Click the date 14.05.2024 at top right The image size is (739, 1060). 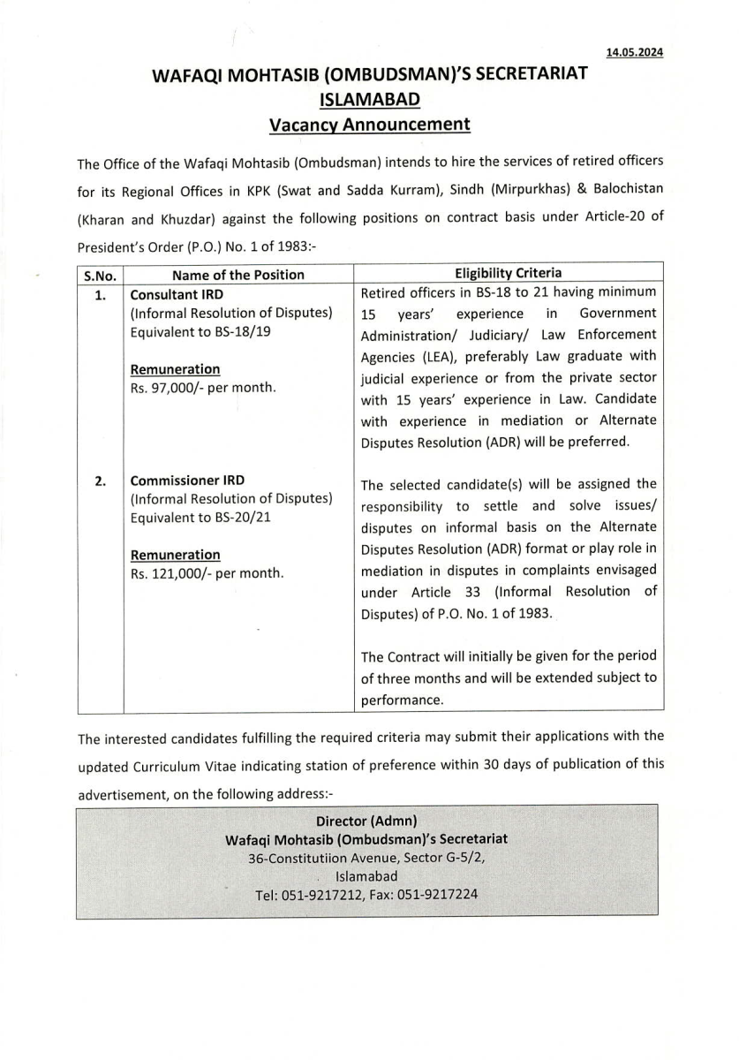click(x=635, y=53)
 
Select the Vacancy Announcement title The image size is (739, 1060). click(x=369, y=125)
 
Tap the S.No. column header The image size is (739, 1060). click(x=100, y=275)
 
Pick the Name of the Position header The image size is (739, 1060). click(x=238, y=275)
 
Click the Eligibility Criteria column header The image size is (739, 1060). click(x=508, y=274)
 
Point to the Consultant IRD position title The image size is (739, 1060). click(x=177, y=295)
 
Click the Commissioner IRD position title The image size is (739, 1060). click(x=186, y=481)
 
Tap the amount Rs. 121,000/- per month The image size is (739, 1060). click(x=207, y=573)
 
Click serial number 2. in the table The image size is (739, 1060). click(x=101, y=481)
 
